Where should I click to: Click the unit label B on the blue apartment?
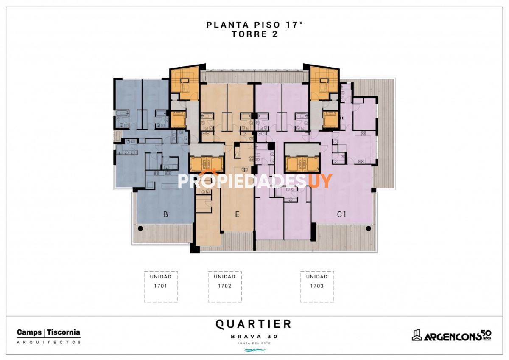165,215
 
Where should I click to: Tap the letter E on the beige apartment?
237,215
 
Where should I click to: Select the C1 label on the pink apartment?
341,215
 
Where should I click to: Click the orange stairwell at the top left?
184,83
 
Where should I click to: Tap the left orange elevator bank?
206,163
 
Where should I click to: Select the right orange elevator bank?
302,163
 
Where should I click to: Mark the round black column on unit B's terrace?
140,228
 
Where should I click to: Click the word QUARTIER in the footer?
254,324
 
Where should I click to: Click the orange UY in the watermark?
320,181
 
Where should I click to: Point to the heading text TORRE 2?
255,35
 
